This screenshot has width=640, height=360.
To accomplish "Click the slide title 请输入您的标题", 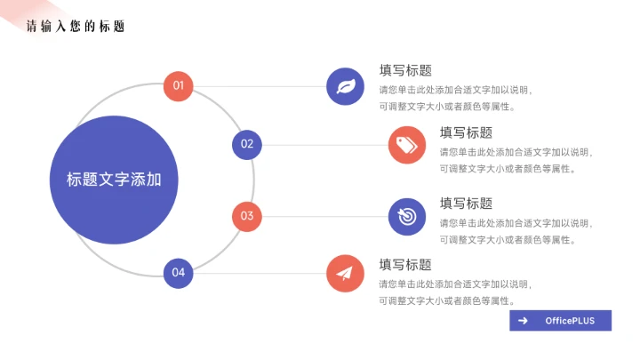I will point(76,27).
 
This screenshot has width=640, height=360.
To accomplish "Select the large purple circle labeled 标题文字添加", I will point(114,180).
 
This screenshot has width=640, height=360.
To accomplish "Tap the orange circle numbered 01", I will point(179,86).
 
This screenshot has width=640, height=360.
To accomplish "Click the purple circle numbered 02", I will point(247,144).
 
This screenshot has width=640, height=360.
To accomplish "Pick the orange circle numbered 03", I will point(247,216).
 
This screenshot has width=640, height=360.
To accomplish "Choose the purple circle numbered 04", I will point(179,272).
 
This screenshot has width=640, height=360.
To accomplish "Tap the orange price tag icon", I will point(407,145).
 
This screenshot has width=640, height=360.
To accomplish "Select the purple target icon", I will point(407,216).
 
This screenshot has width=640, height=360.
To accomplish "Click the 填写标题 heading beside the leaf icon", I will point(405,71).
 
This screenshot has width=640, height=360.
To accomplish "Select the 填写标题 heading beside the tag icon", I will point(466,132).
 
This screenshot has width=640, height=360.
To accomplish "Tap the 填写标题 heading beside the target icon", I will point(466,204).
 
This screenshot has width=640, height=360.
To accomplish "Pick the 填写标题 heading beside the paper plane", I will point(405,264).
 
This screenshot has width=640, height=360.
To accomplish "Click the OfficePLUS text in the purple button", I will point(570,321).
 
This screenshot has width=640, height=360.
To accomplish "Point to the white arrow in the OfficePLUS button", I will point(524,321).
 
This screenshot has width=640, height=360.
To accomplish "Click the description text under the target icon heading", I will point(515,231).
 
